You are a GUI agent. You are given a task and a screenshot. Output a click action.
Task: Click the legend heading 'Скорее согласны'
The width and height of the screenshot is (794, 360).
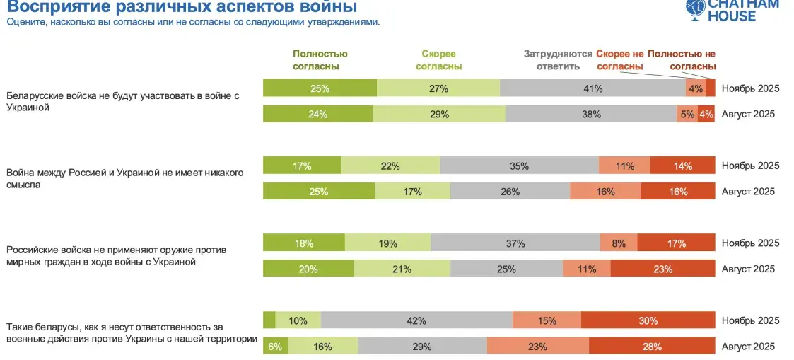(x=438, y=60)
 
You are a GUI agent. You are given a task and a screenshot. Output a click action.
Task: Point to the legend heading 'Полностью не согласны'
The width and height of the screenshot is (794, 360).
(x=682, y=60)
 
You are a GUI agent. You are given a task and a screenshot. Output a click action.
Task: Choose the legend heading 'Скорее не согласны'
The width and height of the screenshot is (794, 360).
(x=620, y=60)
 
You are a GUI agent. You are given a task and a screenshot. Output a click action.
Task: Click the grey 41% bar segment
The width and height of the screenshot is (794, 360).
(x=592, y=88)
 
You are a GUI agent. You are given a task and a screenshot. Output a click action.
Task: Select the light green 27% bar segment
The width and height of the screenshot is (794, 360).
(x=438, y=88)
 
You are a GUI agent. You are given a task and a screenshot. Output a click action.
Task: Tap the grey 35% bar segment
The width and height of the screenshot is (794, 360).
(x=519, y=166)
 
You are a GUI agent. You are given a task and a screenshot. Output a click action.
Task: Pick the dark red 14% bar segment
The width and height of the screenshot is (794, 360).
(x=682, y=166)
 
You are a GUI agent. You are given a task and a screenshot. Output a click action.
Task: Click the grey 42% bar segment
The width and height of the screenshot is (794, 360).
(x=416, y=320)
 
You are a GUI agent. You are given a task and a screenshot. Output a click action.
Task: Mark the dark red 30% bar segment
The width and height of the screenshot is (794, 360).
(x=648, y=320)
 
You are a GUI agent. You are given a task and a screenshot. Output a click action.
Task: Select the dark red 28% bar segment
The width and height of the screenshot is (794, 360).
(x=652, y=347)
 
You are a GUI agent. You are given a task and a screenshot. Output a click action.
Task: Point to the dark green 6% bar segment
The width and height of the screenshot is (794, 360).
(x=275, y=347)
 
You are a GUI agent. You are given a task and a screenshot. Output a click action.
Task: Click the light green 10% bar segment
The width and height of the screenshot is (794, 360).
(x=298, y=320)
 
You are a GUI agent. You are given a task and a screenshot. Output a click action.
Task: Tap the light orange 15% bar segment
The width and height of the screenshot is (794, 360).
(x=547, y=320)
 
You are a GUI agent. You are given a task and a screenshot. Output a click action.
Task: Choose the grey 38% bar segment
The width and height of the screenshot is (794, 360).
(x=591, y=114)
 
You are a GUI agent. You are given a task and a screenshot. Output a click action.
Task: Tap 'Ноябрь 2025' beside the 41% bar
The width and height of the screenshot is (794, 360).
(x=750, y=88)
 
